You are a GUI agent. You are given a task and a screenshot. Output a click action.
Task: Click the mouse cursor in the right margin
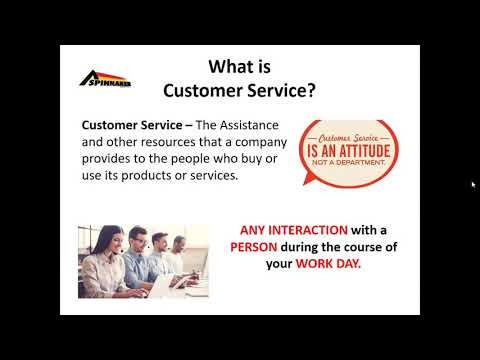tap(473, 184)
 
